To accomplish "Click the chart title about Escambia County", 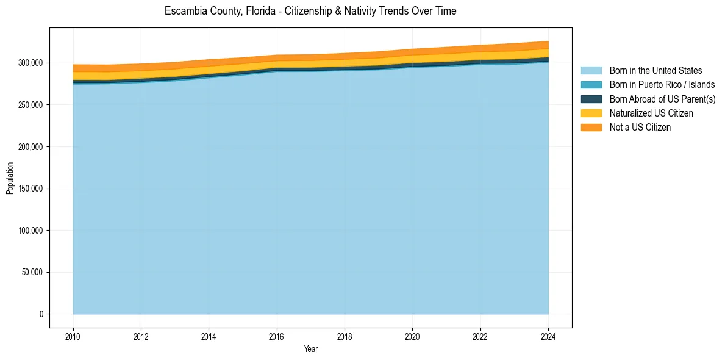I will (310, 11).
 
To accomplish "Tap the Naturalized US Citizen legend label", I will (651, 113).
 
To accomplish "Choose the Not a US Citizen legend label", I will (640, 127).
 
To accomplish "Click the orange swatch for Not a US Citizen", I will (591, 127).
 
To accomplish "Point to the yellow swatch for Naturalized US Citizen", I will (591, 113).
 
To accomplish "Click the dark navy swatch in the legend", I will (591, 99).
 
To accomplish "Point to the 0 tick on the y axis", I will (41, 314).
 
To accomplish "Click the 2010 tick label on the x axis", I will (73, 336).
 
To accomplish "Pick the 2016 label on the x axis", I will (277, 336).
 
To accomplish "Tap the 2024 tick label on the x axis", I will (548, 336).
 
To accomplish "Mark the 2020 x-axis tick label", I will (412, 336).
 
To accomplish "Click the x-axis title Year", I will (310, 349).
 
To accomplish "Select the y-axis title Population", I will (10, 178).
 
